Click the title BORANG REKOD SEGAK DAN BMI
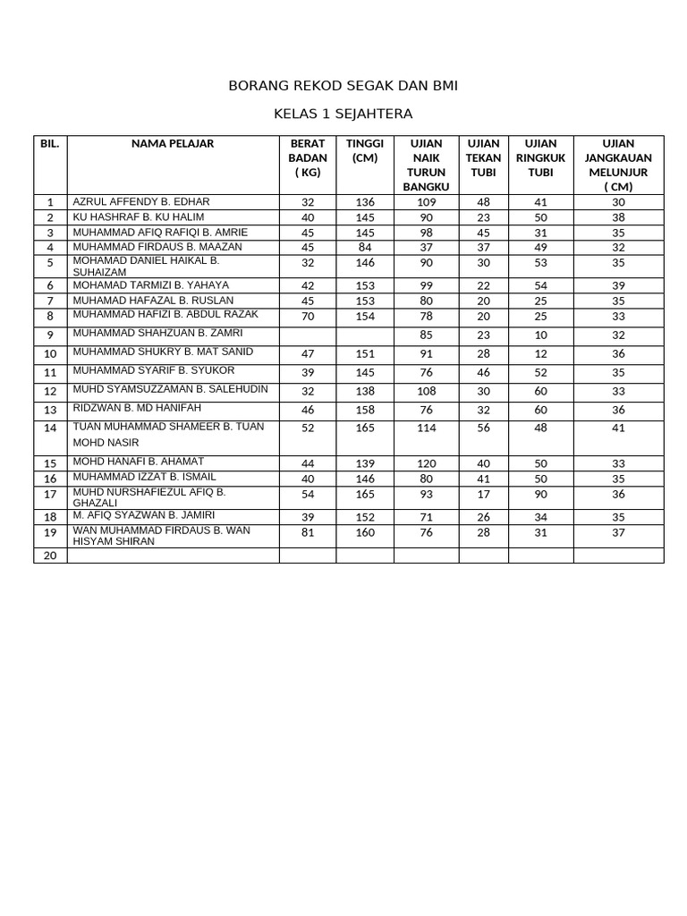(x=343, y=86)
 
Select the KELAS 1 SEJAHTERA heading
(x=343, y=114)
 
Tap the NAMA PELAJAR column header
(x=173, y=143)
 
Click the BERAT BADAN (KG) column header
(x=308, y=157)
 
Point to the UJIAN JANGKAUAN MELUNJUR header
(x=618, y=165)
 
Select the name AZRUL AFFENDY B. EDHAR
(x=141, y=201)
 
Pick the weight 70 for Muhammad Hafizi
(x=308, y=316)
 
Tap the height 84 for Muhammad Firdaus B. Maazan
(x=365, y=247)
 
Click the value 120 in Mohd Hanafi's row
(x=426, y=463)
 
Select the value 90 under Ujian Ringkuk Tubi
(x=540, y=494)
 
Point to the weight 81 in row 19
(x=308, y=532)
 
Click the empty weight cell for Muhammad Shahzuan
(x=308, y=335)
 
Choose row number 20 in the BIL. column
(x=50, y=556)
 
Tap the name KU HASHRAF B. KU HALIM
(x=138, y=216)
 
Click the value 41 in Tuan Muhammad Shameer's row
(x=618, y=428)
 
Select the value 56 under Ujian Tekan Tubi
(x=484, y=428)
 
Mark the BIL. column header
(x=50, y=143)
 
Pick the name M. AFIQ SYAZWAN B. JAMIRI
(x=143, y=516)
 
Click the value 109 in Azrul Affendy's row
(x=426, y=202)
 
